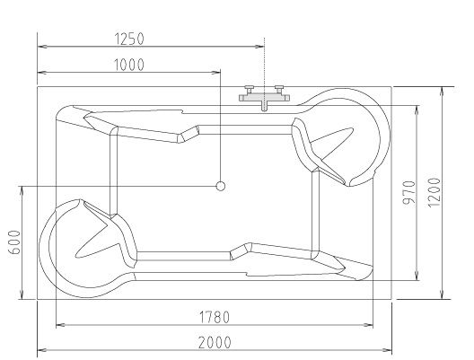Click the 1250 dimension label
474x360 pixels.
point(129,39)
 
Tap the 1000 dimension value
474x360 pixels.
point(129,65)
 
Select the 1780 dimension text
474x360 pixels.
point(215,317)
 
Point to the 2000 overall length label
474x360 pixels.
point(215,342)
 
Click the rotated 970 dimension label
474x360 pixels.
point(409,192)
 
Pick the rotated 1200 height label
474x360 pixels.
point(434,192)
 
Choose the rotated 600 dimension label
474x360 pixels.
point(15,242)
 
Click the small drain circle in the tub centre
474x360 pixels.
point(221,186)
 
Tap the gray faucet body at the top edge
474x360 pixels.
point(265,98)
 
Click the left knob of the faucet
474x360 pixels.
point(250,89)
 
